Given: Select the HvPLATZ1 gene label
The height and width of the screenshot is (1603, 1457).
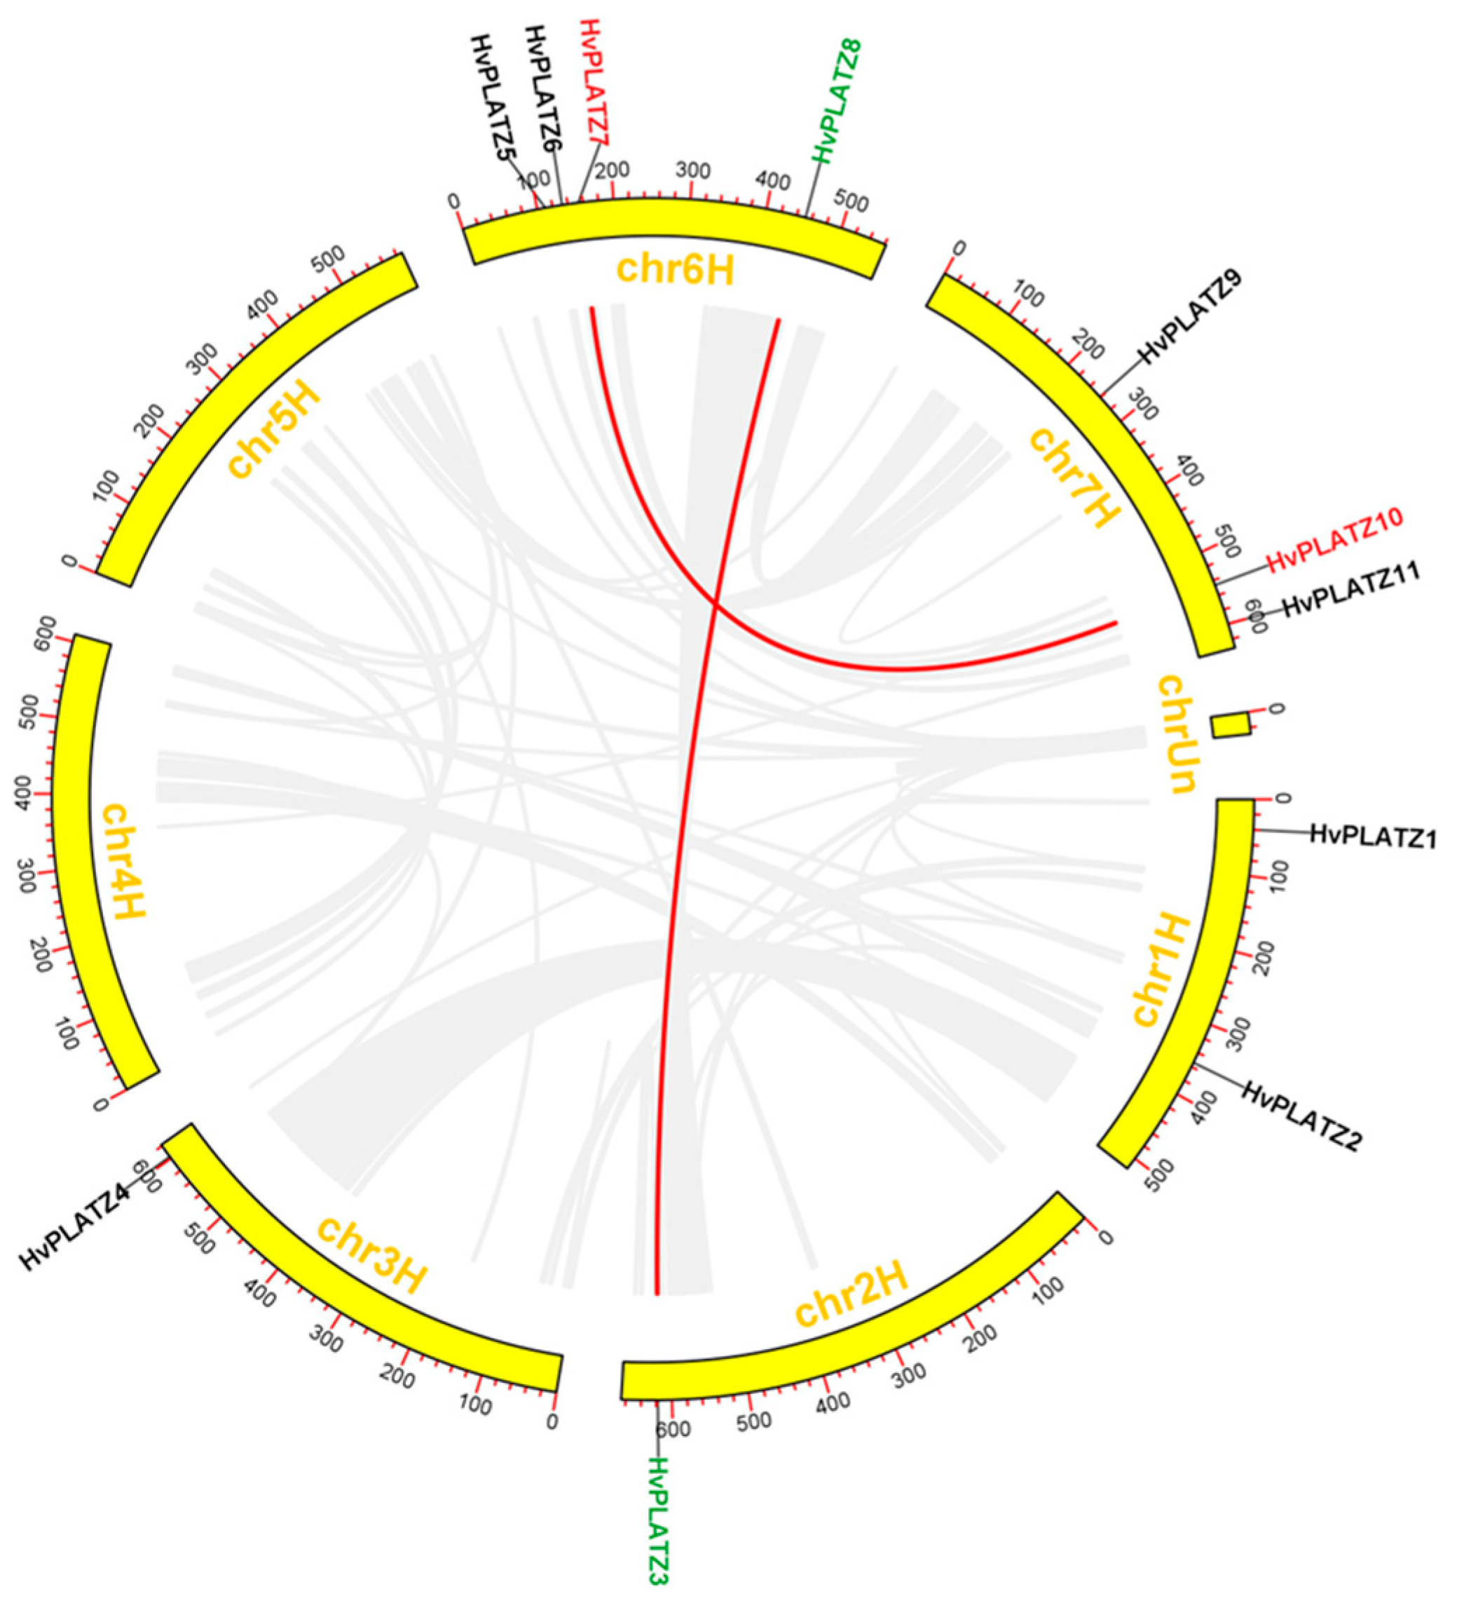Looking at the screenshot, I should (1373, 836).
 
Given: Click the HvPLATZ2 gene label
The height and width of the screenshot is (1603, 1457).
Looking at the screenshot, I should (1302, 1116).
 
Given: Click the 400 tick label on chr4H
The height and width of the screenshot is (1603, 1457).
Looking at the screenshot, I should (24, 795).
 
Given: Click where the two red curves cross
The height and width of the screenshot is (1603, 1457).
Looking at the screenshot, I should (715, 605).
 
